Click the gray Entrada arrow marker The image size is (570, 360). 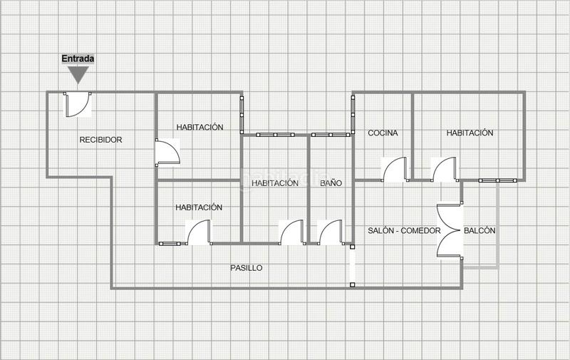[x=78, y=74]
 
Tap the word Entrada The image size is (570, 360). [x=78, y=58]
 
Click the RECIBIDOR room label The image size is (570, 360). [x=100, y=140]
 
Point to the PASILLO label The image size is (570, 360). [x=246, y=268]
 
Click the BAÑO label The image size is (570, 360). [x=331, y=183]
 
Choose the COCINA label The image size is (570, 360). [x=383, y=133]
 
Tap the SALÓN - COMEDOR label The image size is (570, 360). [x=404, y=231]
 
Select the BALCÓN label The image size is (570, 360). [x=480, y=231]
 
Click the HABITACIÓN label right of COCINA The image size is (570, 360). [x=470, y=133]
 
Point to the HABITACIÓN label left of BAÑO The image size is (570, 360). [x=274, y=183]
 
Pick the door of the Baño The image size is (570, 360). [x=331, y=232]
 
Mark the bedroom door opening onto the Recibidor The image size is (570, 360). [x=168, y=152]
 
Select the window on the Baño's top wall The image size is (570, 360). [x=331, y=134]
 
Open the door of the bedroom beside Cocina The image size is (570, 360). [x=443, y=168]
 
